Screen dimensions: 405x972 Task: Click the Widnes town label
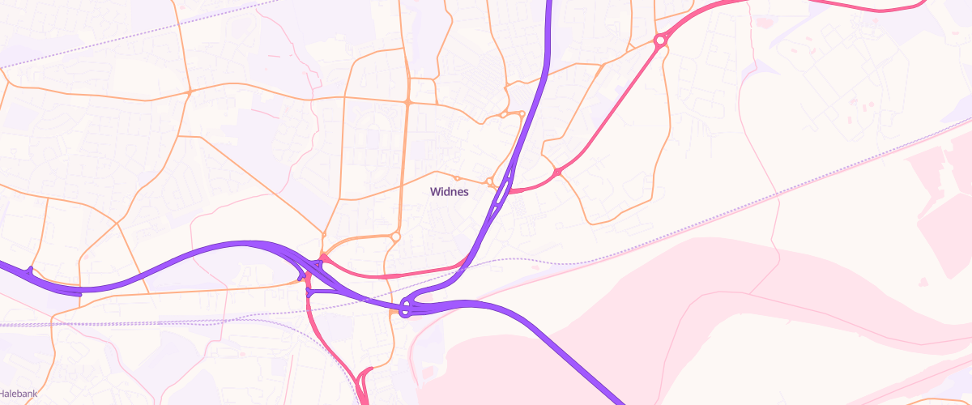point(449,192)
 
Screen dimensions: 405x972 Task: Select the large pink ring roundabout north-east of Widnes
point(660,39)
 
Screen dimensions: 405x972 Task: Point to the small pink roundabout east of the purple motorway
point(557,172)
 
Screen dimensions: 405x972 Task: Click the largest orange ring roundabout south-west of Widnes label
point(395,237)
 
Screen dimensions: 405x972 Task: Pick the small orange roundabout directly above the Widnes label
point(457,178)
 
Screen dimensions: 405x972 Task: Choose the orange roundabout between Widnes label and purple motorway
point(489,181)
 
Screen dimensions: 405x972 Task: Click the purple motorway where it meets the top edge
point(549,3)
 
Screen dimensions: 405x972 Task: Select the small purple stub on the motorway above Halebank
point(30,270)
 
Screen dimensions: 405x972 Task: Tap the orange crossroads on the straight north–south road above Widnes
point(407,102)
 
